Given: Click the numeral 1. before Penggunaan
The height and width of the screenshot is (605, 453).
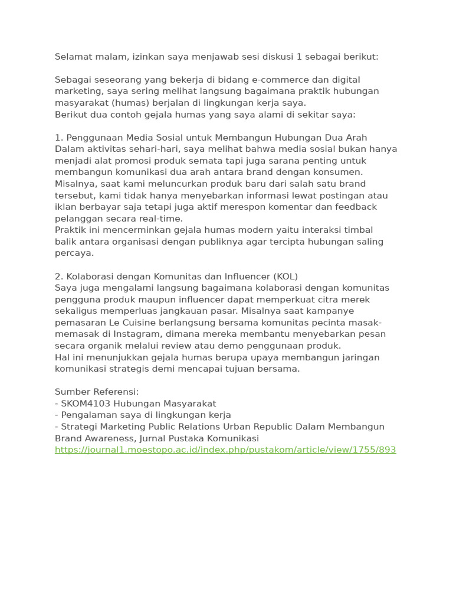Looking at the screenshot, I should (58, 138).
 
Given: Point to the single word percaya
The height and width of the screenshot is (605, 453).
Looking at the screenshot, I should (74, 253).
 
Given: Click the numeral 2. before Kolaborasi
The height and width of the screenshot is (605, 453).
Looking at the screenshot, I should (59, 277).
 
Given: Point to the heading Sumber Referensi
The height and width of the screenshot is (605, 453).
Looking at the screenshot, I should (97, 392).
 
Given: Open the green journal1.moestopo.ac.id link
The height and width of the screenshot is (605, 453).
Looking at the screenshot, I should (225, 450).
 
